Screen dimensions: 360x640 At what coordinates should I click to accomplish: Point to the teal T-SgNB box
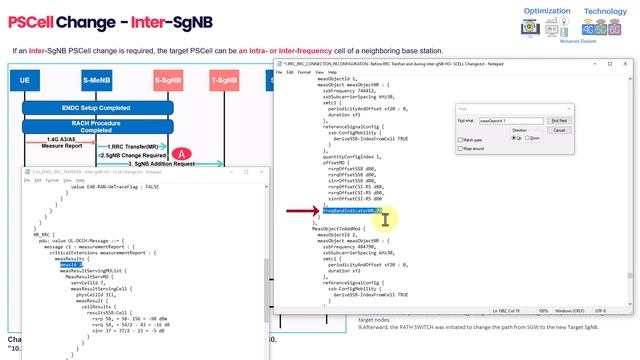pos(225,79)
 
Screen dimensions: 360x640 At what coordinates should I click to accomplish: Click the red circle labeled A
pos(182,154)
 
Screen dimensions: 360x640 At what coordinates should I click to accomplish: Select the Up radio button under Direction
pos(514,138)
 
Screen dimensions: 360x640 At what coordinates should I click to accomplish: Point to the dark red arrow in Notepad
pos(299,212)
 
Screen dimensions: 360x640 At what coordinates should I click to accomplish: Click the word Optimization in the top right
pos(548,11)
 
